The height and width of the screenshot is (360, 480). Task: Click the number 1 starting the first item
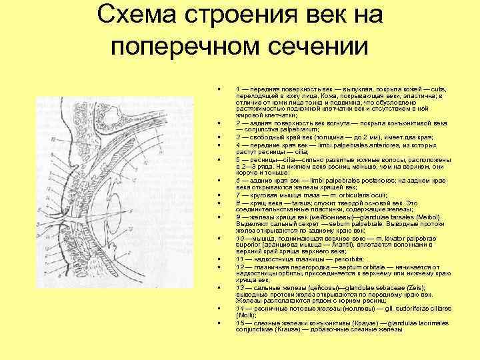click(238, 88)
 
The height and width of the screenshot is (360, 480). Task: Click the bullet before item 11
click(219, 259)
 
